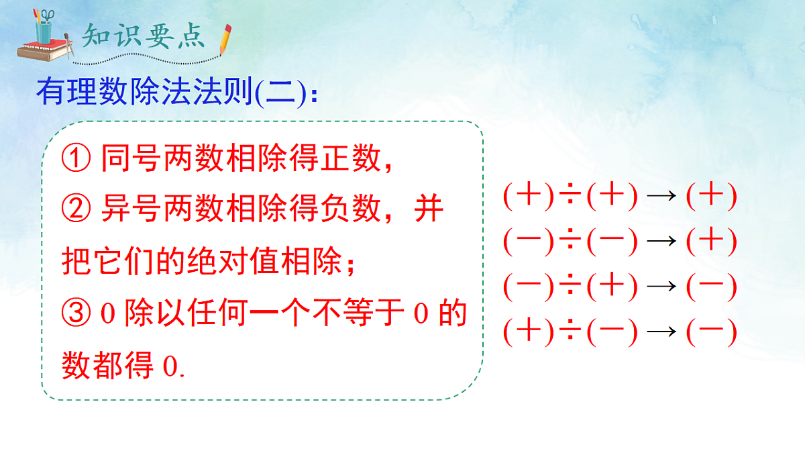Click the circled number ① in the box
[75, 159]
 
